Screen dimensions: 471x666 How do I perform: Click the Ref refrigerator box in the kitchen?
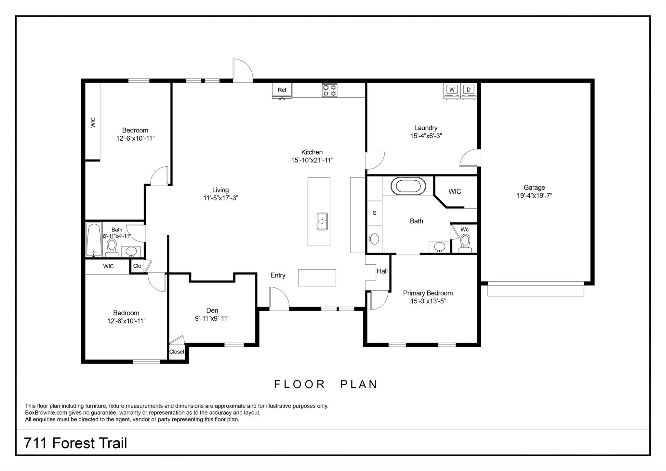(x=282, y=90)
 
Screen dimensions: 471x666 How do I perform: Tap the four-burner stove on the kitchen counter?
(x=329, y=90)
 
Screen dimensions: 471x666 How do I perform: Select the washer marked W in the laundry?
(x=452, y=90)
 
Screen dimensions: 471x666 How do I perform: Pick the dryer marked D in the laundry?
(x=468, y=90)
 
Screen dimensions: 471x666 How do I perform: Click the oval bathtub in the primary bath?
(x=408, y=186)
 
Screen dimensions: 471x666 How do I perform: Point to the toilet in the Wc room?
(x=465, y=242)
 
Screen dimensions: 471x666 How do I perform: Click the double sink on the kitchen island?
(x=322, y=221)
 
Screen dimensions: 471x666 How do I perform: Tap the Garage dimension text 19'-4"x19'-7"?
(x=534, y=196)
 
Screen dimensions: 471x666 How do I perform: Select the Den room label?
(x=212, y=311)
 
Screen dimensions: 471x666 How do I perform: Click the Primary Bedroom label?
(x=428, y=293)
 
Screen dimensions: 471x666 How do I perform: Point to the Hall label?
(x=382, y=271)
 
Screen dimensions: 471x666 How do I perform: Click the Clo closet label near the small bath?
(x=137, y=266)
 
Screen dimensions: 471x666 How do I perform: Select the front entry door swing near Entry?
(x=279, y=298)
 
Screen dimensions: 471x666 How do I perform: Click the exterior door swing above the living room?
(x=242, y=70)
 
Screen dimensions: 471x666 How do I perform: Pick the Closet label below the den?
(x=177, y=352)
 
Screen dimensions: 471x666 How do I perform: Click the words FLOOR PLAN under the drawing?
(x=326, y=384)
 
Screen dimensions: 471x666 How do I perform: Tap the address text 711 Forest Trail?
(x=75, y=443)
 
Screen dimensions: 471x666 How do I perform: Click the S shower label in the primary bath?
(x=374, y=213)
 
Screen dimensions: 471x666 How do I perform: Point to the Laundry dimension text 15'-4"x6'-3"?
(x=426, y=136)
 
